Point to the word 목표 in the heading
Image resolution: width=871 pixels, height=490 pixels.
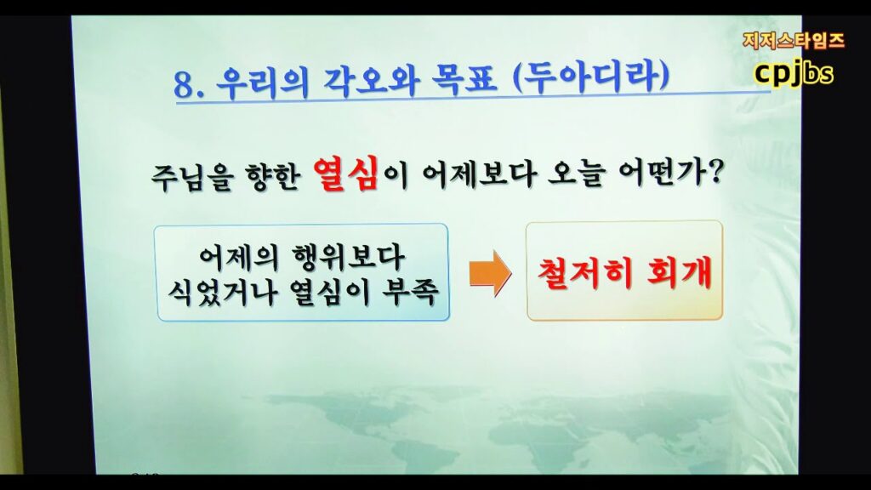(x=464, y=79)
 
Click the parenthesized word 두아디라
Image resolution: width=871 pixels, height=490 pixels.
(x=591, y=77)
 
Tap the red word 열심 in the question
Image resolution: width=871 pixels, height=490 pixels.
(x=345, y=174)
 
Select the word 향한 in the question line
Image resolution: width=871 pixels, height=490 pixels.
(x=272, y=176)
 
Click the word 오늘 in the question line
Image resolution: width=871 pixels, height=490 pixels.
(x=576, y=174)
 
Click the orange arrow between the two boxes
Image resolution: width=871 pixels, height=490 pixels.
(x=490, y=273)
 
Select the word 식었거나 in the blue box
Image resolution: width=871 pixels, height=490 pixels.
(x=222, y=291)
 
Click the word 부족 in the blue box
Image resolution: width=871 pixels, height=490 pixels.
(x=410, y=290)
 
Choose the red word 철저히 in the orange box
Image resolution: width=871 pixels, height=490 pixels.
(x=585, y=272)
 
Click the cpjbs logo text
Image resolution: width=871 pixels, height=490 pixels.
(x=794, y=73)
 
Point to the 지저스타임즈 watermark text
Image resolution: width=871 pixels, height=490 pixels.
(x=794, y=41)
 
